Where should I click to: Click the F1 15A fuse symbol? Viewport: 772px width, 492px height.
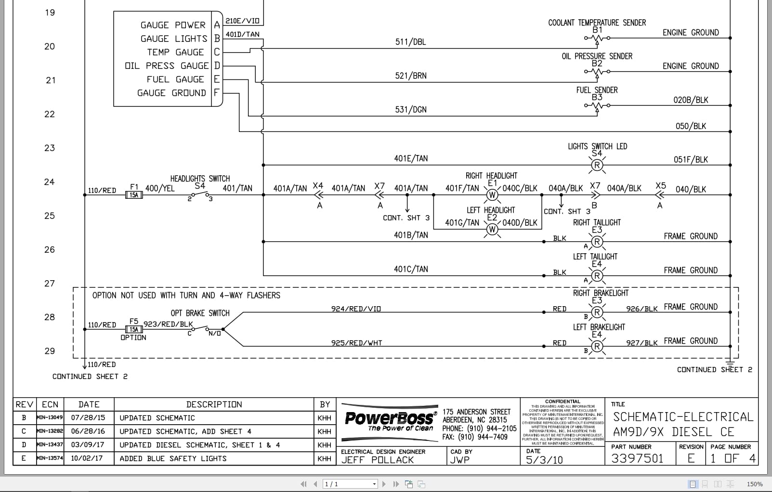[x=134, y=195]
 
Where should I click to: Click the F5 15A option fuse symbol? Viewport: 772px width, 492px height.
[x=134, y=330]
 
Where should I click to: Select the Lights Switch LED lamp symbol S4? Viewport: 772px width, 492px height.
[x=597, y=165]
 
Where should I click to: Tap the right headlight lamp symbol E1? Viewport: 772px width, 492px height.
[x=492, y=195]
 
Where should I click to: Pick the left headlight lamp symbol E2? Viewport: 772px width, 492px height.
[x=492, y=229]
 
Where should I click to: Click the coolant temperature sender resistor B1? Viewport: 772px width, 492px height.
[x=597, y=38]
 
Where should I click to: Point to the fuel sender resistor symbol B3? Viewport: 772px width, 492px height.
[x=597, y=106]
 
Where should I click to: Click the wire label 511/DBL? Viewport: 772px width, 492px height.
[x=410, y=42]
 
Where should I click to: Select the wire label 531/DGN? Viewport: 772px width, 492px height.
[x=410, y=110]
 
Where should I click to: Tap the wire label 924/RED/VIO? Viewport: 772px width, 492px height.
[x=356, y=309]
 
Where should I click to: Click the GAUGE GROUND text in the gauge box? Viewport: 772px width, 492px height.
[x=171, y=93]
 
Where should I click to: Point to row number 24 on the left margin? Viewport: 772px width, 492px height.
[x=49, y=182]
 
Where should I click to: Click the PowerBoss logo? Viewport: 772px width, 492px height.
[x=389, y=420]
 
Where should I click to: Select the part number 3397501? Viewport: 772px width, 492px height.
[x=637, y=459]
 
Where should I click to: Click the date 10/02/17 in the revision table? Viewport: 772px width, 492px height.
[x=87, y=458]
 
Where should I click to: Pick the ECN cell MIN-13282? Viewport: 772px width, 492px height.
[x=50, y=431]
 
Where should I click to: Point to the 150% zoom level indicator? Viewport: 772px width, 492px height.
[x=755, y=484]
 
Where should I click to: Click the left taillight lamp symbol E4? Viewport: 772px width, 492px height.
[x=597, y=276]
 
